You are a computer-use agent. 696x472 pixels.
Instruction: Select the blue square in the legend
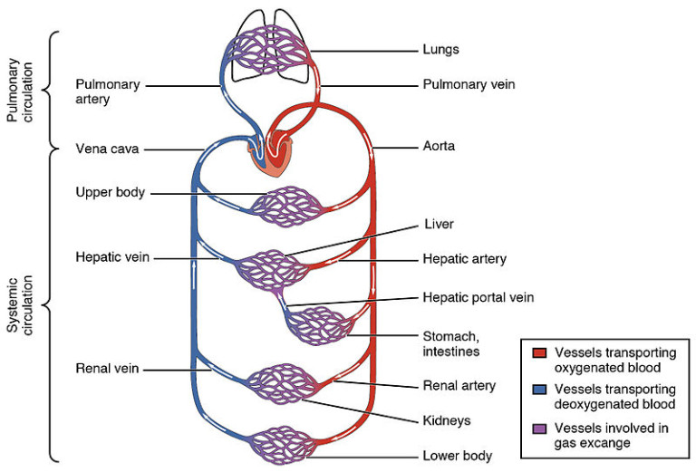(537, 390)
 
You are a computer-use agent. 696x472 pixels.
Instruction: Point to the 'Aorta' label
(440, 145)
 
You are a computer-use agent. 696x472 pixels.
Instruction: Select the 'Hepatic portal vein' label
(478, 296)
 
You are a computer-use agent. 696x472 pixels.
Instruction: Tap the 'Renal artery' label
(459, 385)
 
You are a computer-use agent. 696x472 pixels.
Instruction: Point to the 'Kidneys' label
(447, 421)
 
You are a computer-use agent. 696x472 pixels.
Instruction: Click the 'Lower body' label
(455, 456)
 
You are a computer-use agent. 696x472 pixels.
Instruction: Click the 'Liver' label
(438, 223)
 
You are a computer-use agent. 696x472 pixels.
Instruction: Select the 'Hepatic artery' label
(465, 259)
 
